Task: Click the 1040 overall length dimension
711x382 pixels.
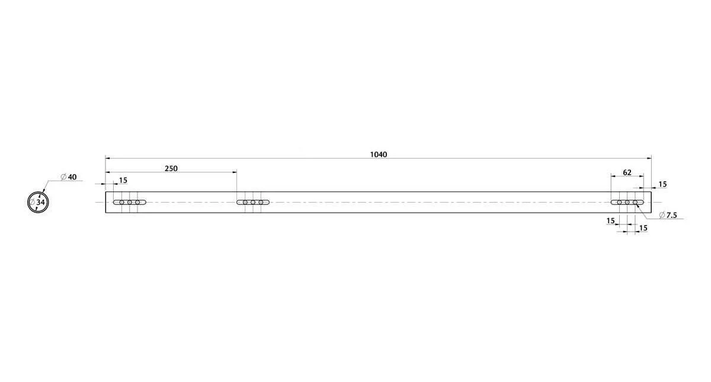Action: [x=379, y=155]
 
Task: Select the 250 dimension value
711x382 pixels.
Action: [x=171, y=168]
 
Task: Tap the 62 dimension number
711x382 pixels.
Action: [x=627, y=172]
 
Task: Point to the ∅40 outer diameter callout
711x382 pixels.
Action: [x=69, y=177]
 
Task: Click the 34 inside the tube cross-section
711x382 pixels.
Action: [x=41, y=202]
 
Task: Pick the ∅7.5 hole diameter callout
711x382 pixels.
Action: [x=668, y=215]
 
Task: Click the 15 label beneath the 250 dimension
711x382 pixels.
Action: [x=123, y=181]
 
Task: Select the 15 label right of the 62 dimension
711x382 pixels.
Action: [x=662, y=184]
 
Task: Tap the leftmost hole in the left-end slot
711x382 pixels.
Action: [x=122, y=203]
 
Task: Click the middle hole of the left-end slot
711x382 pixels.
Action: [x=130, y=203]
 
